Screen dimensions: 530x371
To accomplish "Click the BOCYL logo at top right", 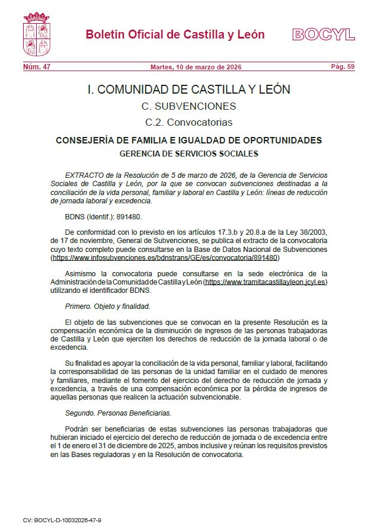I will pos(323,34).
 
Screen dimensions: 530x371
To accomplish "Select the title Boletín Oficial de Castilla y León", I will pos(175,34).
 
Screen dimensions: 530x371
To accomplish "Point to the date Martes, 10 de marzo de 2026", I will pos(196,67).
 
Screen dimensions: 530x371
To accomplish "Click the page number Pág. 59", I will pos(343,67).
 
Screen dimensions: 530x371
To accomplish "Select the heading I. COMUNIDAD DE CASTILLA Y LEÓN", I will pos(188,90).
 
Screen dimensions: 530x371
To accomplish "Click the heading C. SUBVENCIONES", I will pos(188,107).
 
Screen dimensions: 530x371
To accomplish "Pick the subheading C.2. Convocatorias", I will pos(188,123).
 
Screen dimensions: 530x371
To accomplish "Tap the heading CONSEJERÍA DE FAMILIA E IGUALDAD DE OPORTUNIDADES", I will pos(188,141).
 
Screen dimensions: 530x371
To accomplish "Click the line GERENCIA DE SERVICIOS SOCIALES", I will pos(188,154).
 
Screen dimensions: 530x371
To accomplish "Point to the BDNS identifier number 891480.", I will pos(128,217).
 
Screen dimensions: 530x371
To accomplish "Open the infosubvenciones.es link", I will pos(165,258).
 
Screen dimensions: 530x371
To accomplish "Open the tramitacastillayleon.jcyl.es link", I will pos(265,282).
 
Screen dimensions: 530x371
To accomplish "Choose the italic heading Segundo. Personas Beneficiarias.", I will pos(118,411).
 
